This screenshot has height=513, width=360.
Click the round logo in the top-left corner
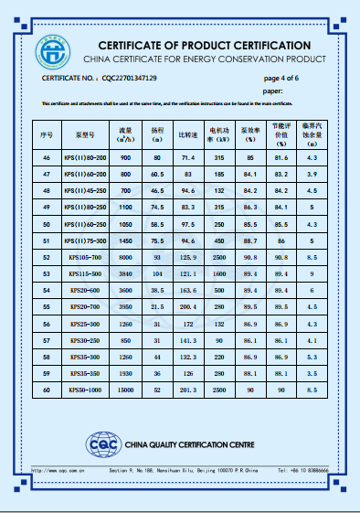pyautogui.click(x=53, y=50)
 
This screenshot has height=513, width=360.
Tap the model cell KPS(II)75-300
pyautogui.click(x=85, y=240)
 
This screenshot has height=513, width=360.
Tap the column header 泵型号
pyautogui.click(x=85, y=134)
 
